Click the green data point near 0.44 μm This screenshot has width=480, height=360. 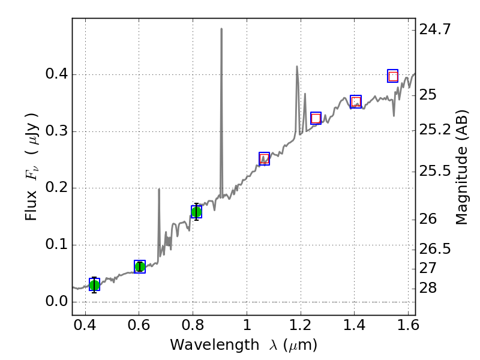94,284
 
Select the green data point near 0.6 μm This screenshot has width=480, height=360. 140,266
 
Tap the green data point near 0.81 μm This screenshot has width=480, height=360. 196,211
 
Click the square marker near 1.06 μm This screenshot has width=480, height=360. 264,158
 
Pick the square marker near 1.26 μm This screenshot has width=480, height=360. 316,118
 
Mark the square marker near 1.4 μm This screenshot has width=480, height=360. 356,101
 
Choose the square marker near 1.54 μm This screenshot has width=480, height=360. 393,76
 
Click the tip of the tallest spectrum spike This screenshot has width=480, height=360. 221,29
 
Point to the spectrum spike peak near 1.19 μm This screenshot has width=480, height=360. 296,67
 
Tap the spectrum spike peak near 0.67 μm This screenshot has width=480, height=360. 159,190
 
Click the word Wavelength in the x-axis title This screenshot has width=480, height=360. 205,345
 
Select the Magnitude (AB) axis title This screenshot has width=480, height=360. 461,178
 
